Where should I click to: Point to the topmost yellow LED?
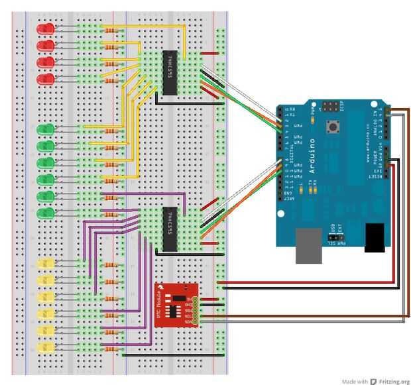tap(46, 264)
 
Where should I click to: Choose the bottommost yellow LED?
tap(46, 347)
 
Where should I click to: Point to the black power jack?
tap(375, 237)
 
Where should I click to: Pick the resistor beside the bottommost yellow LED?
tap(111, 348)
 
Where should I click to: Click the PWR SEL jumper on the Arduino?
tap(336, 233)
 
